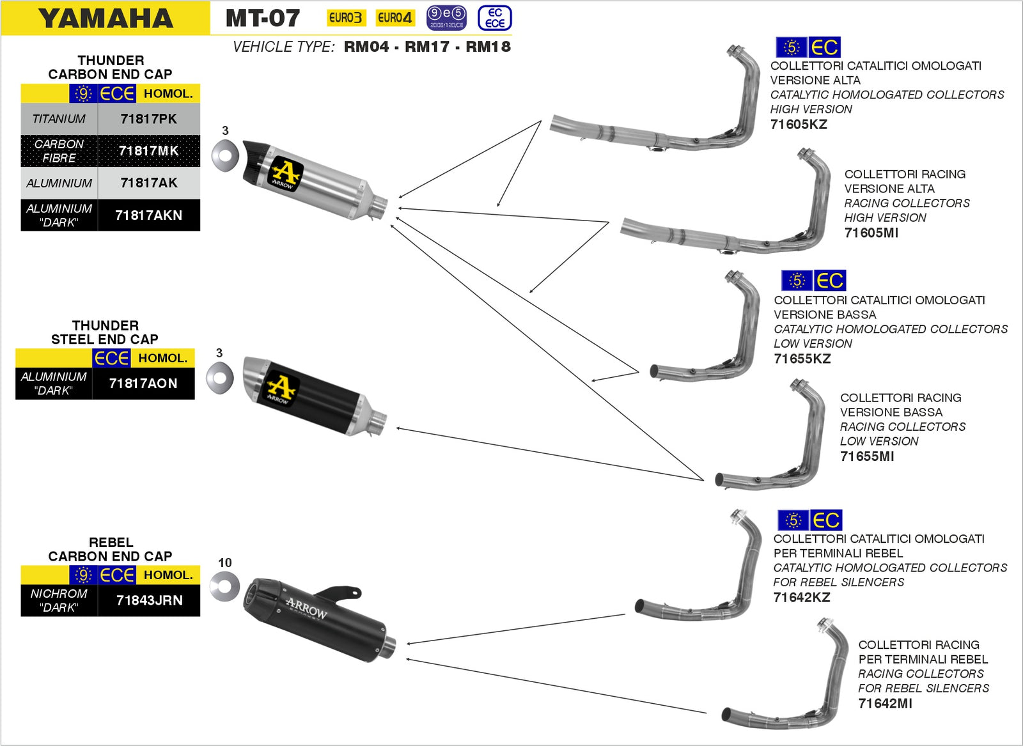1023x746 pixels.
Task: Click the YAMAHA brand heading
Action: pos(105,18)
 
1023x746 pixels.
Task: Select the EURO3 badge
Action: pos(345,18)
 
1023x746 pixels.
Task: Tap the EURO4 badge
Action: pos(394,18)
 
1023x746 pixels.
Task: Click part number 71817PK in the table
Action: pos(148,119)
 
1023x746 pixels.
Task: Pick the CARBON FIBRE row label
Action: pos(59,151)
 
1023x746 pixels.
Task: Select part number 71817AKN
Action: pos(148,215)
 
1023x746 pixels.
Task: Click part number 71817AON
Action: pos(143,384)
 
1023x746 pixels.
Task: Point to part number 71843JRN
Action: pos(149,600)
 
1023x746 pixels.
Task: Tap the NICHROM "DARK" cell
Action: pos(59,600)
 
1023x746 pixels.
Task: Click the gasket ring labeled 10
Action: pos(224,587)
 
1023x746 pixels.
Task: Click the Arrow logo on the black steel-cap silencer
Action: pos(280,388)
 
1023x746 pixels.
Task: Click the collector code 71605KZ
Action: pos(799,125)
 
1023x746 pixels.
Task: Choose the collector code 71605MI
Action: pos(871,233)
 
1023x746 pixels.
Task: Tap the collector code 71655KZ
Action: pos(802,359)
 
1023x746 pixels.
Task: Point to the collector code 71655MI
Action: pos(867,456)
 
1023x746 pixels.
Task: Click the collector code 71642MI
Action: pos(885,703)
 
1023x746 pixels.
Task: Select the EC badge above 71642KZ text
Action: pos(825,520)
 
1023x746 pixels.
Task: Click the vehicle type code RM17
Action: pos(427,47)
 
